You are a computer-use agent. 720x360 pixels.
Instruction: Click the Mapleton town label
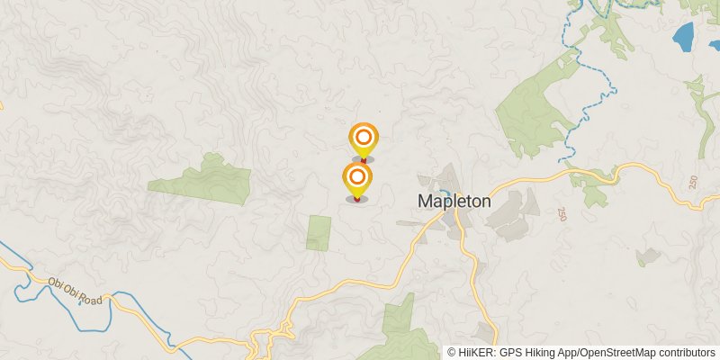click(454, 202)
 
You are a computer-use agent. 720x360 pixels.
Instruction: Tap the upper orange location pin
click(363, 139)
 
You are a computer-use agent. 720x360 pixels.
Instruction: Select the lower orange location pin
click(357, 177)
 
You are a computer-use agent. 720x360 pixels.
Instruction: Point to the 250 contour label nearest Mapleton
click(562, 214)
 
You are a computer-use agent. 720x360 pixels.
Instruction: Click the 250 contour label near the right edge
click(692, 182)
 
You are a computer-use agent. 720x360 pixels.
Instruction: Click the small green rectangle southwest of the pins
click(319, 233)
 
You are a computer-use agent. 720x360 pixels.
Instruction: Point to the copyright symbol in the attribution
click(452, 353)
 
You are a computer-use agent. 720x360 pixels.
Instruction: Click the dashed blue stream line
click(585, 90)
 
